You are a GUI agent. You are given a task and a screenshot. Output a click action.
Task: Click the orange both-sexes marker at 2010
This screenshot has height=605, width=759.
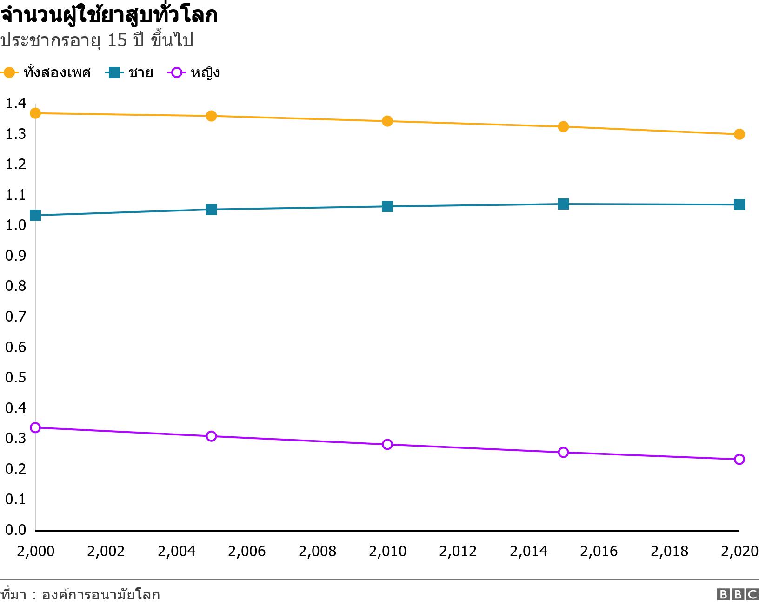[387, 121]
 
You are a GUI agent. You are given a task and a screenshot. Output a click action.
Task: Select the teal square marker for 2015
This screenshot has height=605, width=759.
[563, 204]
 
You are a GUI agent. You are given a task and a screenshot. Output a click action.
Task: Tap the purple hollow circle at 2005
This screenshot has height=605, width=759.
[211, 436]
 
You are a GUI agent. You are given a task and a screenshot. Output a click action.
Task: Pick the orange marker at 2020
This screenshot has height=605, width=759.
[739, 134]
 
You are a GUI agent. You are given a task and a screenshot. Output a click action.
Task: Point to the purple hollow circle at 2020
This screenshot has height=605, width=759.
[739, 460]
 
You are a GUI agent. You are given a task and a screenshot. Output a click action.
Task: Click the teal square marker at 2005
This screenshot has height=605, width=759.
[211, 210]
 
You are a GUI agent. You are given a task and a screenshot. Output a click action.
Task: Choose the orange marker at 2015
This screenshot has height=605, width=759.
[563, 127]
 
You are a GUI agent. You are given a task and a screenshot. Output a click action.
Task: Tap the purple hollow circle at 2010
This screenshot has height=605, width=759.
[387, 445]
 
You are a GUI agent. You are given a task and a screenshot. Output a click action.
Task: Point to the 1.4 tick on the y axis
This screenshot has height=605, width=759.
[15, 104]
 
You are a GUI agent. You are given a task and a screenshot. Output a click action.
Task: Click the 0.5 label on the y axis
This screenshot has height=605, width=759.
[15, 377]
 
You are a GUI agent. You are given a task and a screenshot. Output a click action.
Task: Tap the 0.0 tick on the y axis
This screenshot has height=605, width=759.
[15, 530]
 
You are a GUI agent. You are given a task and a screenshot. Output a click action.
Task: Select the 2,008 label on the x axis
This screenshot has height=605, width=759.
[317, 551]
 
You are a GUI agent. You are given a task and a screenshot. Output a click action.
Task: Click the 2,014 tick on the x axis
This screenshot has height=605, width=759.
[528, 551]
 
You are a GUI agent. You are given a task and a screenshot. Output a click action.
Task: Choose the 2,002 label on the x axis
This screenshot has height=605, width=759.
[106, 551]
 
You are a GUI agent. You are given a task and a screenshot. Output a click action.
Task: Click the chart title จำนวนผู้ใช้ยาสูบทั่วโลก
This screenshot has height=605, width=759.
[109, 16]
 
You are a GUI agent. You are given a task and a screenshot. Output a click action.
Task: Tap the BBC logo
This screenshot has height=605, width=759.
[738, 594]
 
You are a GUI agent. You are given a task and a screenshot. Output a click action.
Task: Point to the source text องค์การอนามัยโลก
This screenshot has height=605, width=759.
[100, 595]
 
